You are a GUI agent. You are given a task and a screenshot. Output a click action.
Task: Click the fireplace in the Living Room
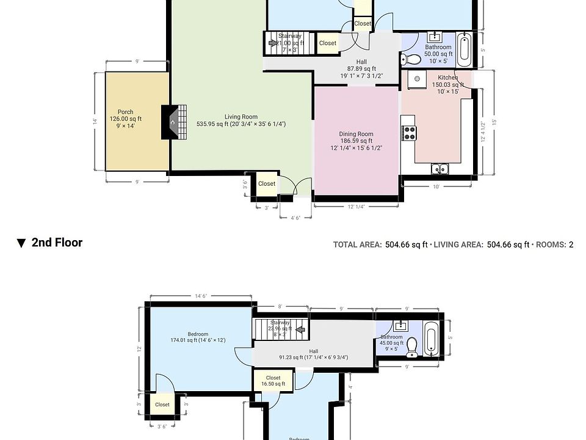[174, 122]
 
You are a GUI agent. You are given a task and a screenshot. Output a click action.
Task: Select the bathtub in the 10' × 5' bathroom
[464, 51]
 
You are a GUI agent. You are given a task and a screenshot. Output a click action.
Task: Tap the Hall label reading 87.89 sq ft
[361, 68]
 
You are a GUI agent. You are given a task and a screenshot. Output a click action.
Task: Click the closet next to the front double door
[267, 184]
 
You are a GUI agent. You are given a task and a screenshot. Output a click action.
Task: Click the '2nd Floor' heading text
[57, 243]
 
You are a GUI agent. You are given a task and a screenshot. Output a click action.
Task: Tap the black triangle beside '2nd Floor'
[21, 243]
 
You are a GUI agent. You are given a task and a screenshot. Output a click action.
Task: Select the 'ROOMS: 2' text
[555, 245]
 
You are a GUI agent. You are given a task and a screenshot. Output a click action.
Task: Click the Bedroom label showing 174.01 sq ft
[198, 337]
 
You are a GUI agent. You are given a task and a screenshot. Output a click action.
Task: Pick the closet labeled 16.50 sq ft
[273, 381]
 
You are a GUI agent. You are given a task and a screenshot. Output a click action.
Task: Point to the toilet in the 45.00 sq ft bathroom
[412, 346]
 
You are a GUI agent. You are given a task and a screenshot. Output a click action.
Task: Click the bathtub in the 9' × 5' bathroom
[431, 341]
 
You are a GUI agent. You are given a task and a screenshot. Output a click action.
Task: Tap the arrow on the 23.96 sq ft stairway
[299, 330]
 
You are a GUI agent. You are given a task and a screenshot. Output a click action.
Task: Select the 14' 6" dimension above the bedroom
[201, 296]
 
